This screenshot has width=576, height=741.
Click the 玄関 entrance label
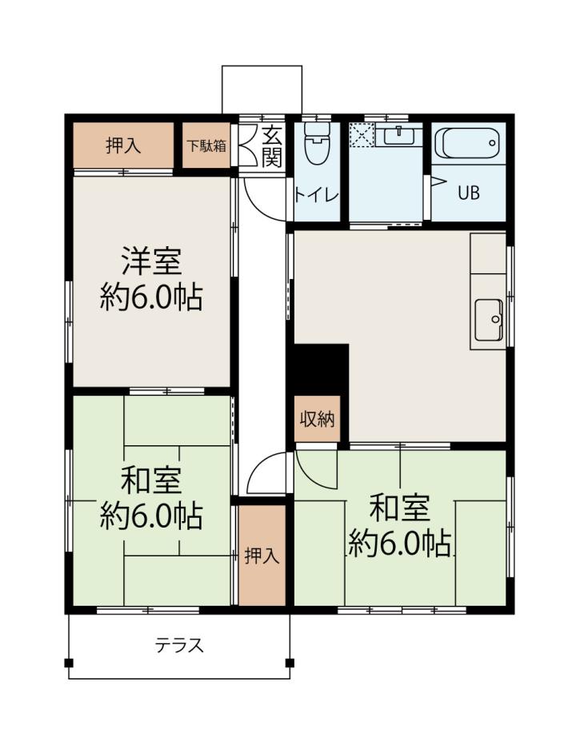click(272, 145)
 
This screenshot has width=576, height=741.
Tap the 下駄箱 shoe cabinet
click(206, 145)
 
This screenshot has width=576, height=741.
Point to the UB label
click(468, 193)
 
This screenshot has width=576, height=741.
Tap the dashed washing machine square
click(362, 134)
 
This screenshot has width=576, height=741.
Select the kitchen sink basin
click(490, 320)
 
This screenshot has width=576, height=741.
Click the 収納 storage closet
click(317, 419)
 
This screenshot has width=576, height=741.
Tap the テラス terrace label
click(180, 645)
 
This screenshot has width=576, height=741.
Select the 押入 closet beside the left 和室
click(262, 556)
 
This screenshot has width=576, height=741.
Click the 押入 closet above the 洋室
click(123, 145)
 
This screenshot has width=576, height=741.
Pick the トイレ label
click(316, 195)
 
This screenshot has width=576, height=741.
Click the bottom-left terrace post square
click(69, 663)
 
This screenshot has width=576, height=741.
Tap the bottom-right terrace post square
click(290, 663)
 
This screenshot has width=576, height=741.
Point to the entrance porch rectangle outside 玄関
click(262, 90)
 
